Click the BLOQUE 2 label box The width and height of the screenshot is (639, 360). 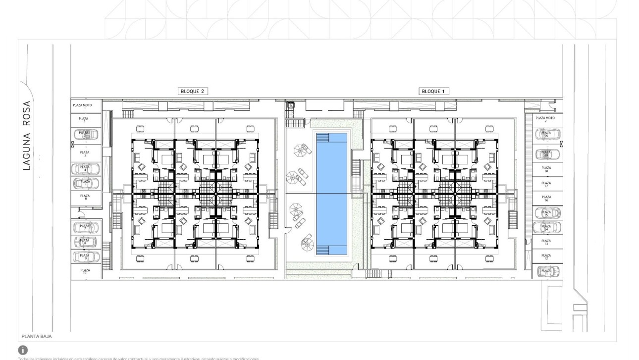(191, 91)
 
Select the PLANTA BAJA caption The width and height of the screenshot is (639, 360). (36, 336)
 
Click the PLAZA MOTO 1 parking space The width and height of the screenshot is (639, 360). (85, 105)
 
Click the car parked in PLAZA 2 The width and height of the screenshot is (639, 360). (85, 134)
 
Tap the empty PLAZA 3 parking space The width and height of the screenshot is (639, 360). (85, 154)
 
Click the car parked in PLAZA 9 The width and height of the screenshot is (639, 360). (85, 257)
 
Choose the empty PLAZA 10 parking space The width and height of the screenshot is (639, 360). (85, 271)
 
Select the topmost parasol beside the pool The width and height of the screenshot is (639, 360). (301, 148)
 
